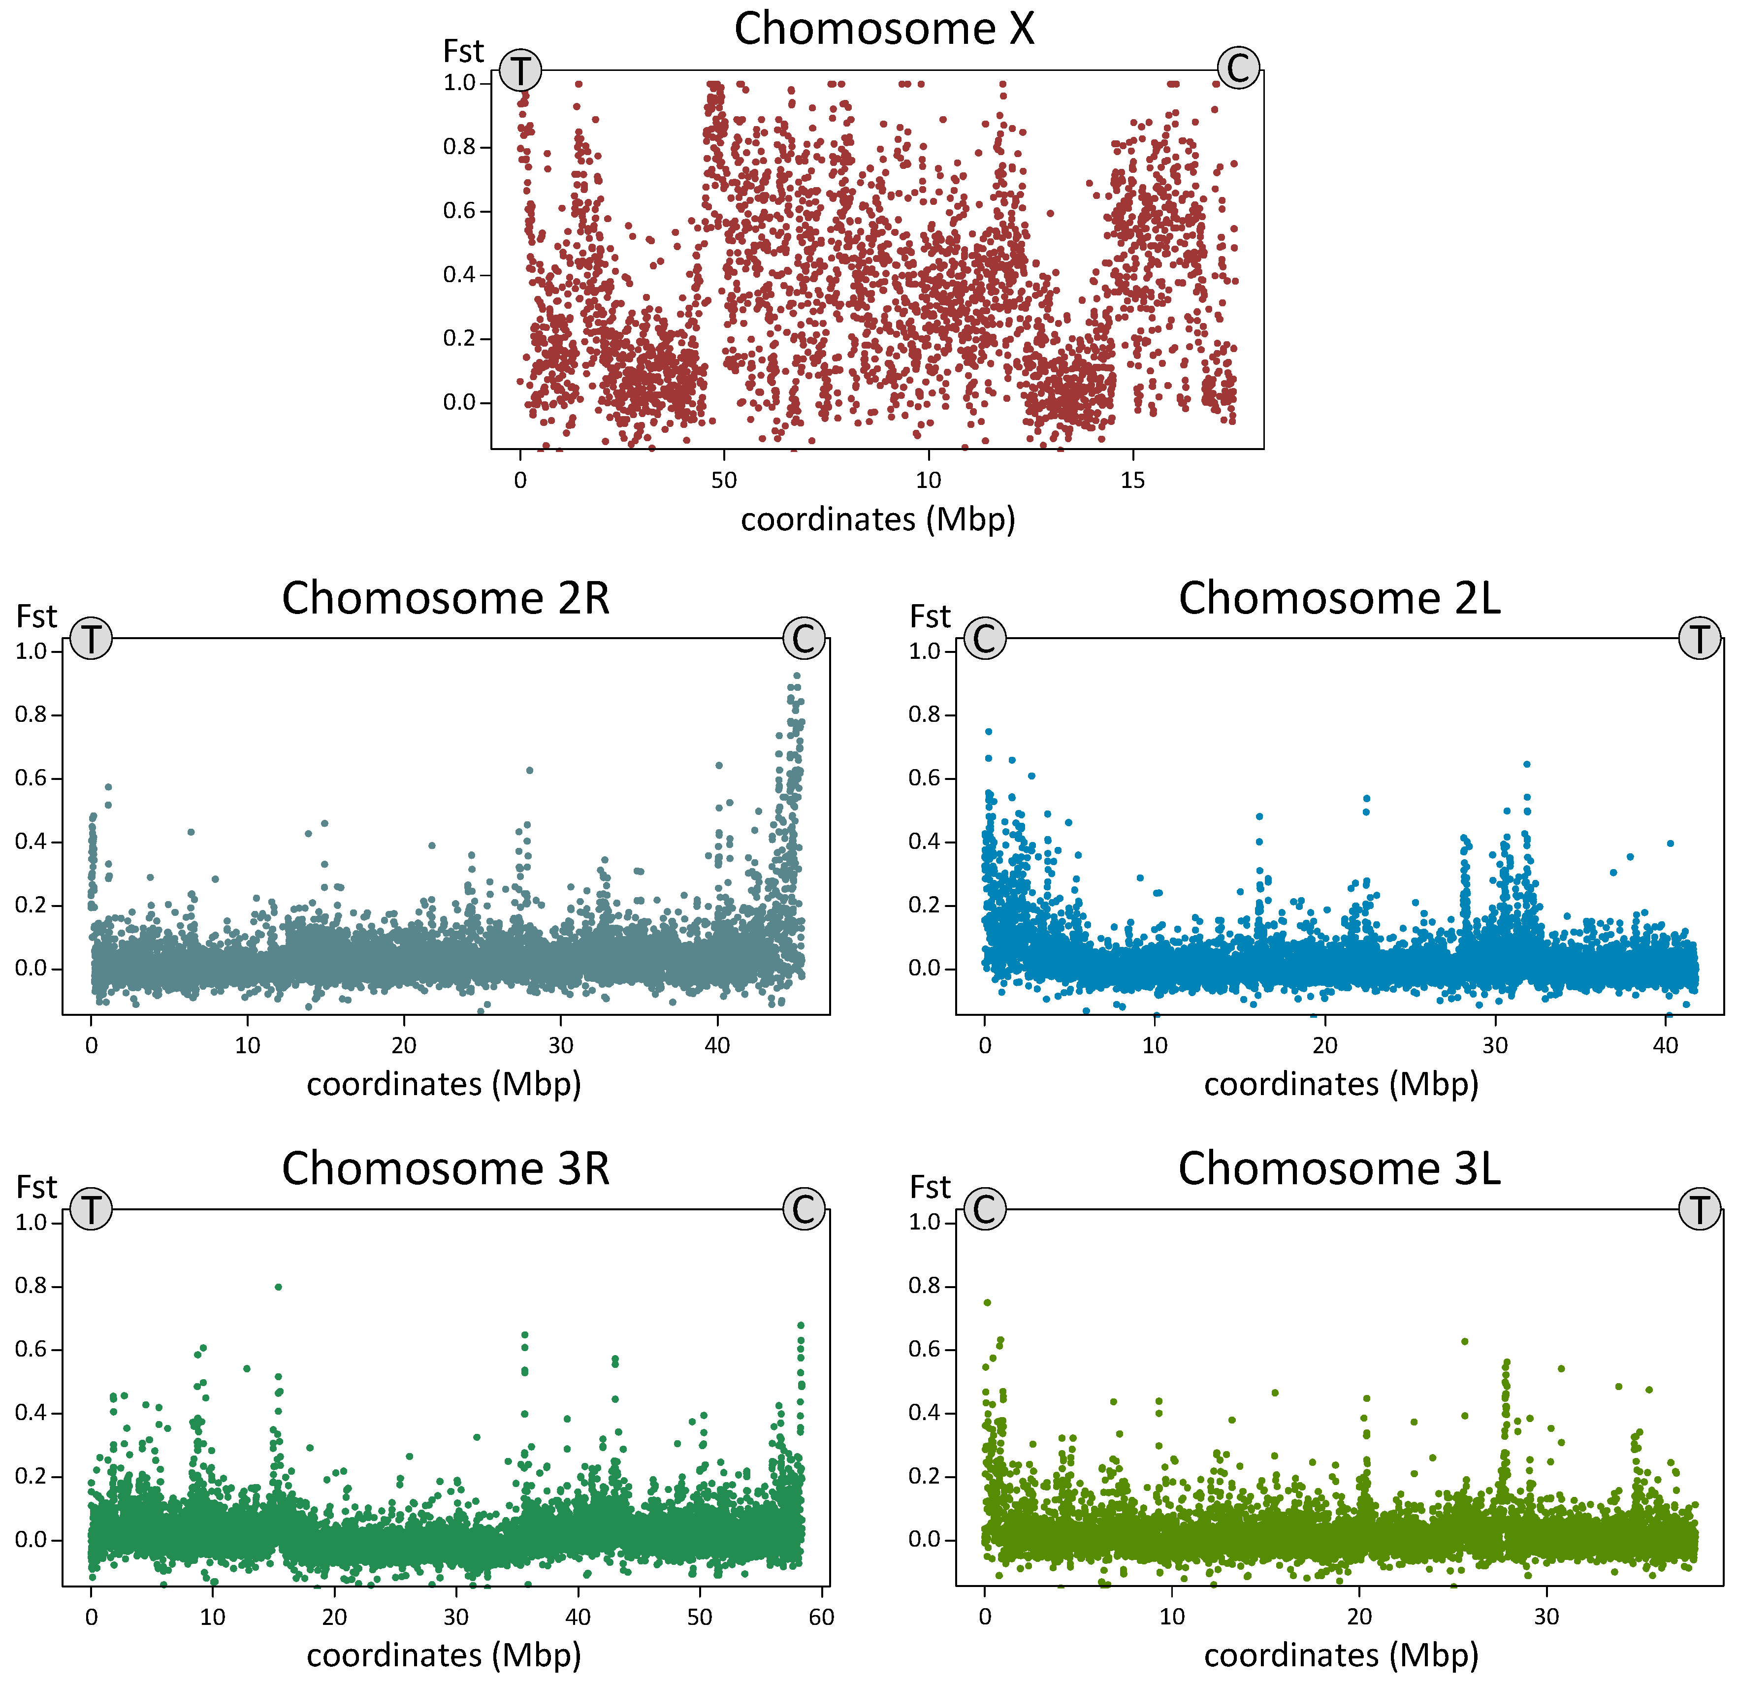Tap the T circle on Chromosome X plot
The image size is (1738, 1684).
(520, 70)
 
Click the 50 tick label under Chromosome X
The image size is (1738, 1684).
(724, 481)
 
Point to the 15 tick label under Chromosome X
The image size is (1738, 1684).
(1132, 481)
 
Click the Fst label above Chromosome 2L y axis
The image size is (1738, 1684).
(929, 616)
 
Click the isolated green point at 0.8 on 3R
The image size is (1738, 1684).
(279, 1287)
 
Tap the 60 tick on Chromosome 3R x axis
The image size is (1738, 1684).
(821, 1617)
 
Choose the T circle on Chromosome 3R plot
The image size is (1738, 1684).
(92, 1209)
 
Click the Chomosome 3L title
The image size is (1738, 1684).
(1339, 1169)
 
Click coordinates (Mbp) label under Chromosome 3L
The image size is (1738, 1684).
(1341, 1655)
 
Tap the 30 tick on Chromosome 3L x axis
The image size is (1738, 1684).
(1546, 1617)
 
